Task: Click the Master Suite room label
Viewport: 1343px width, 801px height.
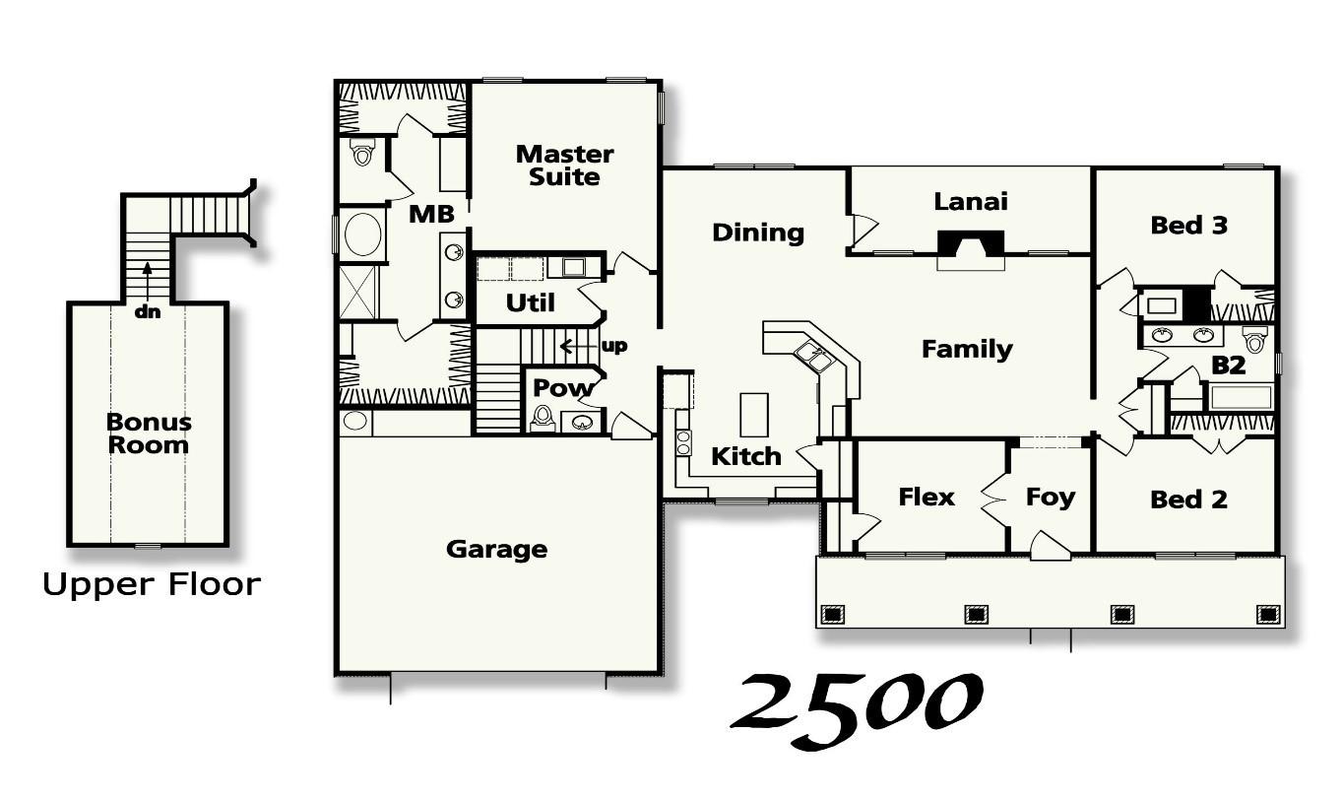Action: pyautogui.click(x=564, y=166)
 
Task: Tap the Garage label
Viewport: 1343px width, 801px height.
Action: pyautogui.click(x=496, y=549)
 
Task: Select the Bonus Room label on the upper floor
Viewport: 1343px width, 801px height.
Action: pyautogui.click(x=149, y=434)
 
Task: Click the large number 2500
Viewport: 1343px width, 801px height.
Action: pyautogui.click(x=855, y=707)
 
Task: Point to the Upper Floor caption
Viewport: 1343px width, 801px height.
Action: pyautogui.click(x=152, y=584)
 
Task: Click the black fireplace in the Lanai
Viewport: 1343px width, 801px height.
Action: pyautogui.click(x=970, y=243)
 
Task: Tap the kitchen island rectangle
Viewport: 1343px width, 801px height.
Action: pyautogui.click(x=754, y=414)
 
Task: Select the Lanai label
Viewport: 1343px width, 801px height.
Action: pyautogui.click(x=970, y=201)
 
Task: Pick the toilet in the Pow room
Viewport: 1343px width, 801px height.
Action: pyautogui.click(x=543, y=420)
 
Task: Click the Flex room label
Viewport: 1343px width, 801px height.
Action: pyautogui.click(x=927, y=497)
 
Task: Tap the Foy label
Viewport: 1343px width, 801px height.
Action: pyautogui.click(x=1050, y=497)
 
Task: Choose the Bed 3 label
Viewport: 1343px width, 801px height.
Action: pyautogui.click(x=1188, y=226)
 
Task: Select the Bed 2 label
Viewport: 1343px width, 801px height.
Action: pyautogui.click(x=1188, y=500)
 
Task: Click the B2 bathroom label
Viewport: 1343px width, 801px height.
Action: pyautogui.click(x=1228, y=366)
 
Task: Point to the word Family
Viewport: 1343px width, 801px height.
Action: pyautogui.click(x=966, y=349)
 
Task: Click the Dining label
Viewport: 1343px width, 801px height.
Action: pyautogui.click(x=757, y=233)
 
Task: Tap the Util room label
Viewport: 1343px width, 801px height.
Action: pyautogui.click(x=530, y=302)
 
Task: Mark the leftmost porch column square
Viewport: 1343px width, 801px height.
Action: pyautogui.click(x=832, y=615)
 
